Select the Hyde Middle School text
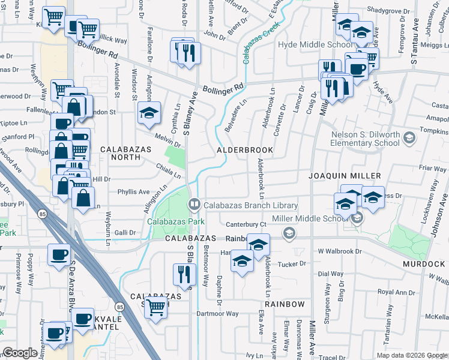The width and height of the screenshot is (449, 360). (x=307, y=45)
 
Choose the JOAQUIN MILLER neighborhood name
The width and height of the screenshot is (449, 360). (x=345, y=176)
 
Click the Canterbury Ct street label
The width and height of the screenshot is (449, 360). (x=246, y=224)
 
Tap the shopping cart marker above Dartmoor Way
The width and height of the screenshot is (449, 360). (x=156, y=307)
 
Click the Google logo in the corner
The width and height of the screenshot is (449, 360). (x=20, y=353)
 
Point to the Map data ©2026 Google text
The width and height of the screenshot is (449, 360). (x=412, y=355)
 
